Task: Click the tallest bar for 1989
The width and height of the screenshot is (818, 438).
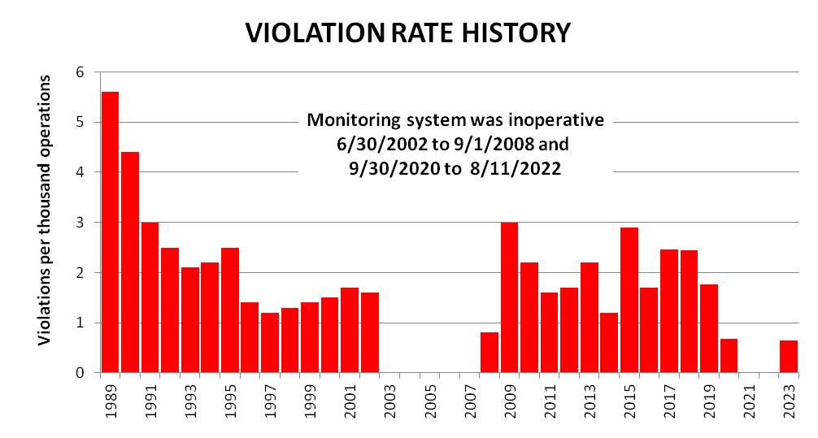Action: [110, 232]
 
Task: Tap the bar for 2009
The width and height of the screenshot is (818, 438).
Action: [509, 297]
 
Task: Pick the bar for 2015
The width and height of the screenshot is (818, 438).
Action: [629, 300]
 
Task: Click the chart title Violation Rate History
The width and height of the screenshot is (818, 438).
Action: [408, 33]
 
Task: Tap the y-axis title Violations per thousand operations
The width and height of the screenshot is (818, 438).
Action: [46, 210]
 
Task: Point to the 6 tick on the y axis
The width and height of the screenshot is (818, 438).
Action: [80, 72]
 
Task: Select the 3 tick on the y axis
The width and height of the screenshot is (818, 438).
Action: [80, 223]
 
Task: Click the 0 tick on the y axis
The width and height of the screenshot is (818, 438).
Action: [80, 373]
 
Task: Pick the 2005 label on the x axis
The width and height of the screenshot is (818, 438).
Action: [431, 401]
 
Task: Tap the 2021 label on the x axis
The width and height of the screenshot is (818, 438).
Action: [750, 401]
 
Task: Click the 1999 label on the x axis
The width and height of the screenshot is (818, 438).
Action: [311, 401]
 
